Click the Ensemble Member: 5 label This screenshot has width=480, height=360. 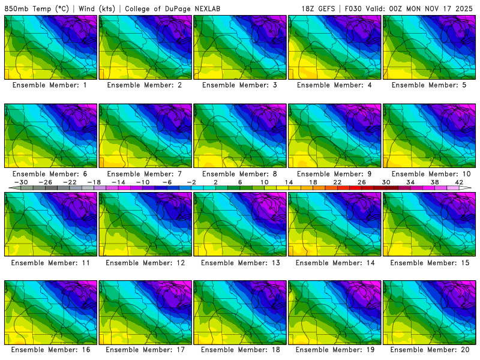click(430, 85)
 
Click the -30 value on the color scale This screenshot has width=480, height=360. click(21, 182)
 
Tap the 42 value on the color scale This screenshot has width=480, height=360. click(459, 182)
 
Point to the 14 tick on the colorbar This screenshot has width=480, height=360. click(289, 182)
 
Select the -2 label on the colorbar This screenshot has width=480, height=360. click(191, 182)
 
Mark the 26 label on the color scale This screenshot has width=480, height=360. click(362, 182)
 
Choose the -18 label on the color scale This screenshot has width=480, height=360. click(94, 182)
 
